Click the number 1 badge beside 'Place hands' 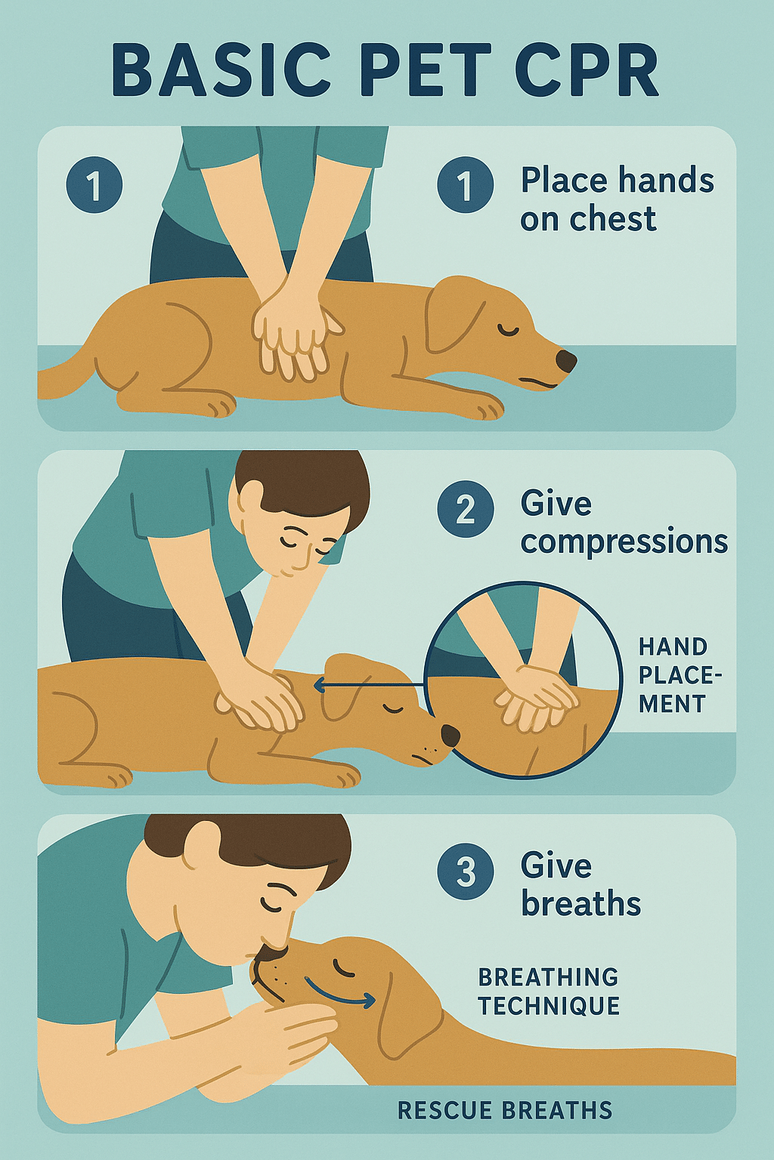click(466, 185)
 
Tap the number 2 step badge click(466, 510)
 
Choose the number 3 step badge click(466, 872)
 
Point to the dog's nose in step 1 click(565, 361)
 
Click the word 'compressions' click(624, 541)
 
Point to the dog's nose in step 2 click(450, 735)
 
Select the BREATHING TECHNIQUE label click(549, 992)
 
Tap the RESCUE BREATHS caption click(504, 1110)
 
